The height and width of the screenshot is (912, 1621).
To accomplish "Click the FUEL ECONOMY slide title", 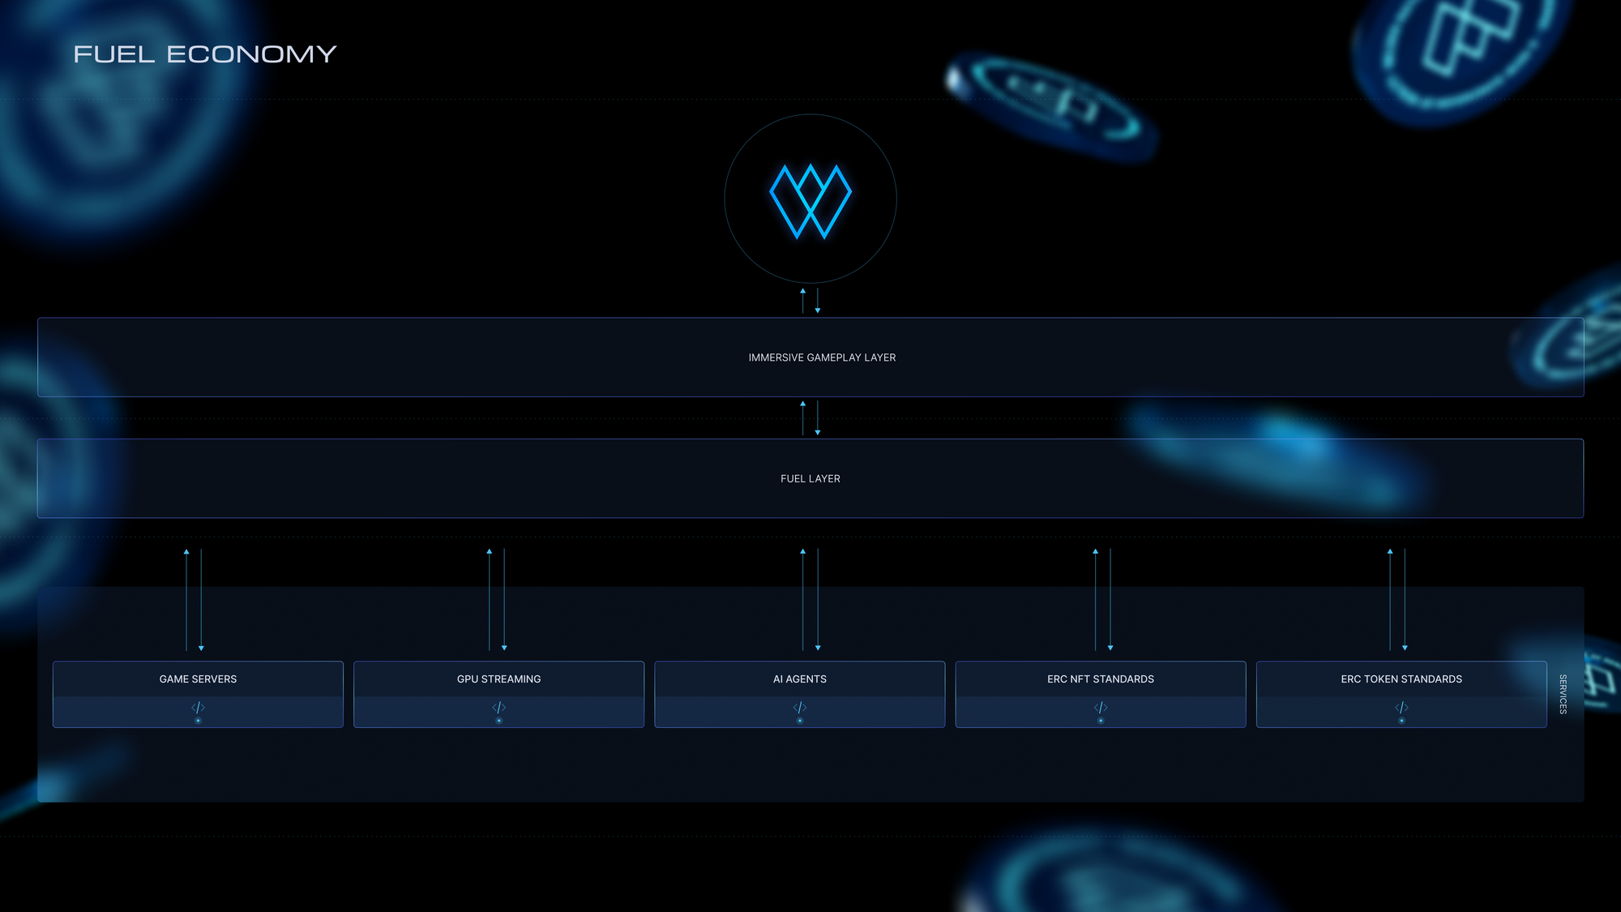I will pos(204,54).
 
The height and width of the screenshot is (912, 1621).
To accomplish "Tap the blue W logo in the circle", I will pos(810,201).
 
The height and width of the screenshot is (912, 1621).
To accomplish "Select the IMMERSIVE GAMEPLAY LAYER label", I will pos(822,358).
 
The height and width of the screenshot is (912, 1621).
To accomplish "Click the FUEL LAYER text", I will pos(810,479).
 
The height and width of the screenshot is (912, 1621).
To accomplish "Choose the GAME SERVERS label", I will pos(198,679).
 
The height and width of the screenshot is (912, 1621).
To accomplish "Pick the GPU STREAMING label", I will pos(498,679).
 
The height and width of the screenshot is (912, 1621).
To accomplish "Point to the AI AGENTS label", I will pos(800,679).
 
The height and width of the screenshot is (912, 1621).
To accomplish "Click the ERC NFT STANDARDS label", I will pos(1101,679).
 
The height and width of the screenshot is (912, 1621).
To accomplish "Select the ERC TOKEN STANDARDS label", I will pos(1401,679).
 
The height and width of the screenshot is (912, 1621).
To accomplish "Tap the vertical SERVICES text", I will pos(1563,694).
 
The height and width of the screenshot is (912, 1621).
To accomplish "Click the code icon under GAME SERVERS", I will pos(198,708).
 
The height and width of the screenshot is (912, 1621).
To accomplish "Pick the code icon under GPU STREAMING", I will pos(498,708).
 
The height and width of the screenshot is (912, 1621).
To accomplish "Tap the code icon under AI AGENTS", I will pos(800,708).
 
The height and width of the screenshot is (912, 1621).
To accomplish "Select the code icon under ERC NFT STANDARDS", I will pos(1101,708).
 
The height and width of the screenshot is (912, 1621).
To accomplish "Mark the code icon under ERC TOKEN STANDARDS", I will pos(1401,708).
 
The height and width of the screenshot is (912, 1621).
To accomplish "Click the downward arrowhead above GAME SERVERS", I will pos(201,648).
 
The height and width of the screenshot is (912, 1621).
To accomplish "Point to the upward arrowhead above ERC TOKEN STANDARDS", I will pos(1390,551).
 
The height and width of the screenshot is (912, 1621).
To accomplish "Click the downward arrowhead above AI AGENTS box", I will pos(818,648).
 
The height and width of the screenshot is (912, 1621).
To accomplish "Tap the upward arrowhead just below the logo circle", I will pos(803,290).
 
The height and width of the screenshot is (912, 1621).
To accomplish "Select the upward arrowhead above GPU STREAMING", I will pos(490,551).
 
